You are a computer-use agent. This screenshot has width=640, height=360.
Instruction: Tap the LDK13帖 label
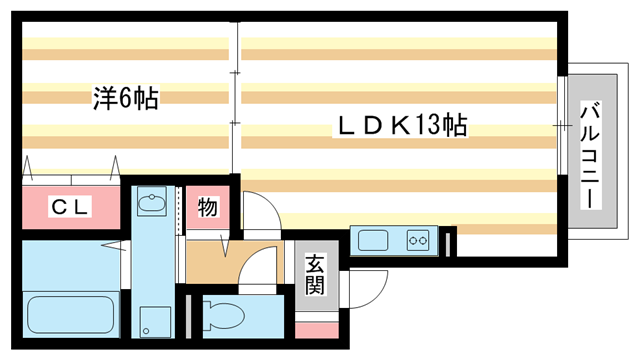(401, 127)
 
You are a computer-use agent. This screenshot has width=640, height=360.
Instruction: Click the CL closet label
(70, 207)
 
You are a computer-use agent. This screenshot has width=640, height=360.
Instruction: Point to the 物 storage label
(207, 207)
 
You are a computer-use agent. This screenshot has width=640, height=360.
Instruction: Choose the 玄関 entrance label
(315, 276)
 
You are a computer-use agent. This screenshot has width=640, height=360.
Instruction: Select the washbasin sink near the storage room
(152, 205)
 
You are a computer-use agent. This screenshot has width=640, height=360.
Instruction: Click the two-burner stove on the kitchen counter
(417, 240)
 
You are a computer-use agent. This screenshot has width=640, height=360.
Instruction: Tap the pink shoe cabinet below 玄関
(315, 328)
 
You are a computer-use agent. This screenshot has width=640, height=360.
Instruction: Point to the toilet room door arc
(258, 267)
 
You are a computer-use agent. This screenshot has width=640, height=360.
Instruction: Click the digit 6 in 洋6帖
(124, 98)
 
